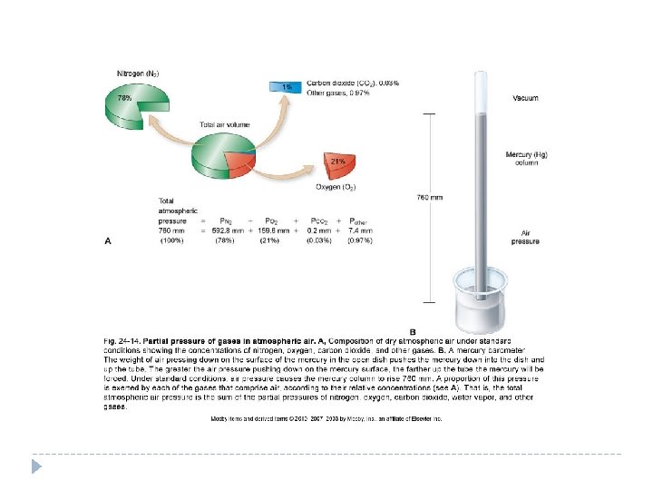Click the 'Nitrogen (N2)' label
pyautogui.click(x=139, y=73)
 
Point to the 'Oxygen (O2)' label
pyautogui.click(x=336, y=187)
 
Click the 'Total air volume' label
pyautogui.click(x=220, y=124)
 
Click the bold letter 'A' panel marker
pyautogui.click(x=110, y=241)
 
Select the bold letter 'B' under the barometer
pyautogui.click(x=413, y=331)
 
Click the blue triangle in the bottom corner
pyautogui.click(x=37, y=465)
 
